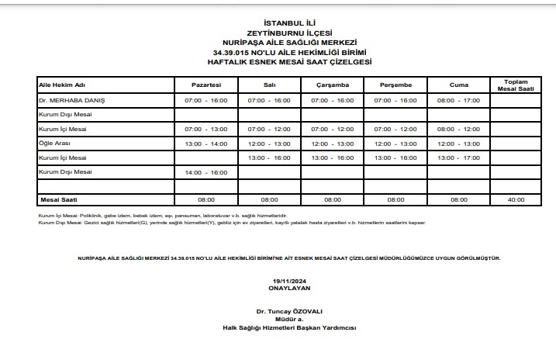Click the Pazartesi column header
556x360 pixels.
click(x=206, y=84)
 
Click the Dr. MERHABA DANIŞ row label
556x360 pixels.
click(x=71, y=101)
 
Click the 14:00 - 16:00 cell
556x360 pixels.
click(x=206, y=171)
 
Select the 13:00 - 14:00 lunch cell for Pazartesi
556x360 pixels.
click(x=206, y=144)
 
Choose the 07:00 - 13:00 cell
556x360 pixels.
click(x=206, y=129)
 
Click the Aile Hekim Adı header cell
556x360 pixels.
click(x=61, y=84)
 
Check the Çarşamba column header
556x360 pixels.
click(x=334, y=84)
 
